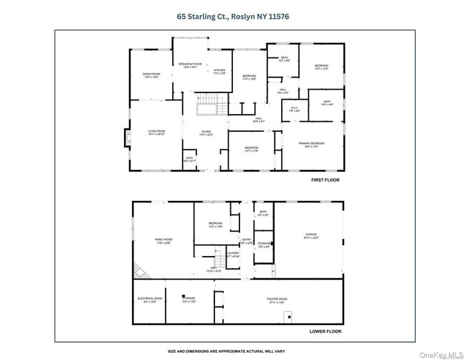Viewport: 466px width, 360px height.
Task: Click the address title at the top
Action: (x=234, y=15)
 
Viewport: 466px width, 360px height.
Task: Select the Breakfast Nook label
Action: (x=189, y=65)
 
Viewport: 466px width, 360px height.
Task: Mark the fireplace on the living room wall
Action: (x=128, y=137)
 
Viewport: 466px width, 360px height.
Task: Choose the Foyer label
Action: (x=206, y=133)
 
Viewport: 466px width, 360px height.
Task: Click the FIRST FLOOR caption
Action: (x=325, y=180)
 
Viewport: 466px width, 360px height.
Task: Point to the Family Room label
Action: (x=164, y=240)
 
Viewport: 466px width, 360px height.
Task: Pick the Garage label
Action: (x=310, y=236)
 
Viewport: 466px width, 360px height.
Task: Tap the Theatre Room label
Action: (x=277, y=300)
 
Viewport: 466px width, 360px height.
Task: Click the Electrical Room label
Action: (x=149, y=300)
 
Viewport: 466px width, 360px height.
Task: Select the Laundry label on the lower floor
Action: (x=233, y=254)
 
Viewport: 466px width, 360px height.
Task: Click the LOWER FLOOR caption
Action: (x=325, y=331)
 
